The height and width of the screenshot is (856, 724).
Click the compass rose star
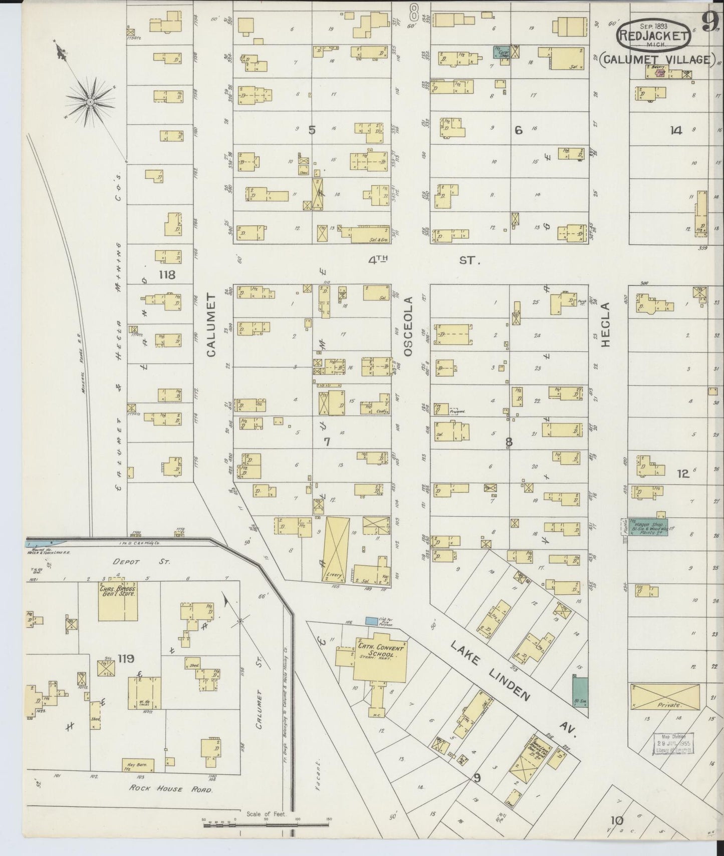coord(90,102)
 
